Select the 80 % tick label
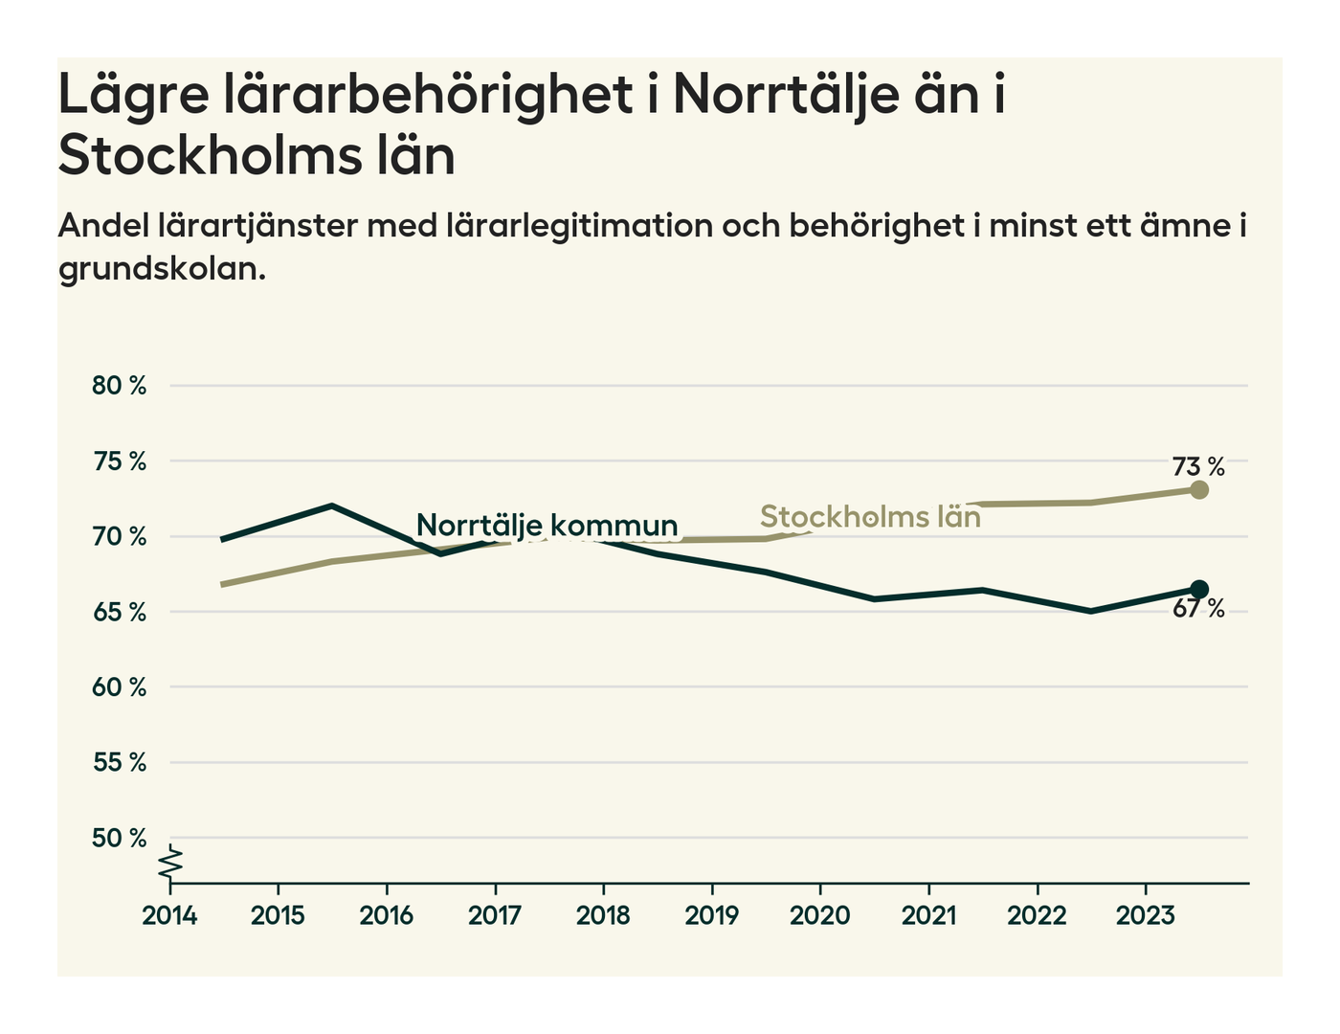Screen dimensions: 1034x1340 (x=120, y=386)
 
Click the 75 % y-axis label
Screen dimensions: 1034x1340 (x=120, y=461)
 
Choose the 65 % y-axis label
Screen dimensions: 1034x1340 (x=120, y=612)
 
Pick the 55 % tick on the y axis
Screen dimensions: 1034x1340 (x=120, y=763)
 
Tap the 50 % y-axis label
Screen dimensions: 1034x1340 (x=120, y=839)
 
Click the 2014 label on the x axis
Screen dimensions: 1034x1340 (x=169, y=916)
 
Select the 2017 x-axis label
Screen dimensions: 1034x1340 (x=495, y=916)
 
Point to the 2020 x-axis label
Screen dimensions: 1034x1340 (x=820, y=916)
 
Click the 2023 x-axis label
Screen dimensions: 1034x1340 (x=1146, y=916)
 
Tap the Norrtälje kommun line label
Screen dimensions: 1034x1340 (x=547, y=526)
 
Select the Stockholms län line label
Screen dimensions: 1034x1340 (x=870, y=517)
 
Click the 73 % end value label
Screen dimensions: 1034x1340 (x=1198, y=467)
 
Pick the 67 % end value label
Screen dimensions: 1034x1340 (x=1198, y=609)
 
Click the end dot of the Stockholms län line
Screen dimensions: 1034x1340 (x=1199, y=490)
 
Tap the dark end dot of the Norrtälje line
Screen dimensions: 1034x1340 (x=1199, y=589)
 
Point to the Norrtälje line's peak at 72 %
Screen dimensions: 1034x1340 (x=331, y=506)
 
